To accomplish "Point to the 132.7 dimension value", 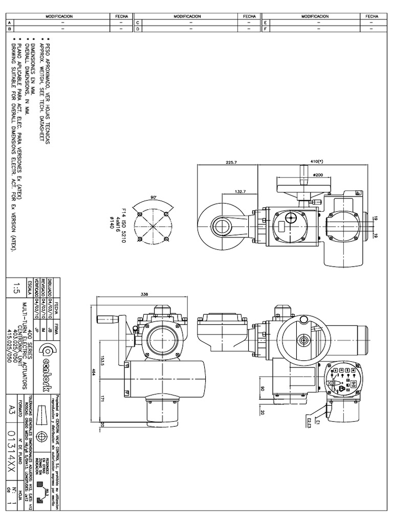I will pos(239,191).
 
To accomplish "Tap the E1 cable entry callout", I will pos(317,423).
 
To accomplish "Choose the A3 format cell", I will pos(14,408).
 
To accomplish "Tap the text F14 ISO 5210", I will pos(123,226).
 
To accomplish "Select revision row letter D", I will pos(138,29).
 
